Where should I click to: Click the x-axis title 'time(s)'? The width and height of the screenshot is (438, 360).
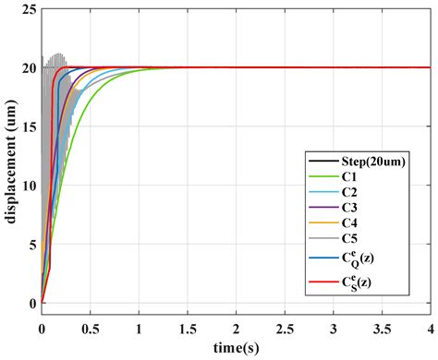pyautogui.click(x=237, y=350)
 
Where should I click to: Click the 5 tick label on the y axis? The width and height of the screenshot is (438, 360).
pyautogui.click(x=31, y=245)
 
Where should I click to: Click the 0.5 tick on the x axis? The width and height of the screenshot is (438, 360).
pyautogui.click(x=91, y=328)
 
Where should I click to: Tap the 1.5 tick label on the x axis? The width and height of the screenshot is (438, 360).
pyautogui.click(x=188, y=328)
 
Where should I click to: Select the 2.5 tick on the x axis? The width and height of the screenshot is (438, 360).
pyautogui.click(x=285, y=328)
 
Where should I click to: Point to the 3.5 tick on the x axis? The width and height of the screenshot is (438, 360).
pyautogui.click(x=382, y=328)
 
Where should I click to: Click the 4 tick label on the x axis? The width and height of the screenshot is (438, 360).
pyautogui.click(x=430, y=328)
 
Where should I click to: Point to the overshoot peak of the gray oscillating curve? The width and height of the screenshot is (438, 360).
pyautogui.click(x=59, y=54)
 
